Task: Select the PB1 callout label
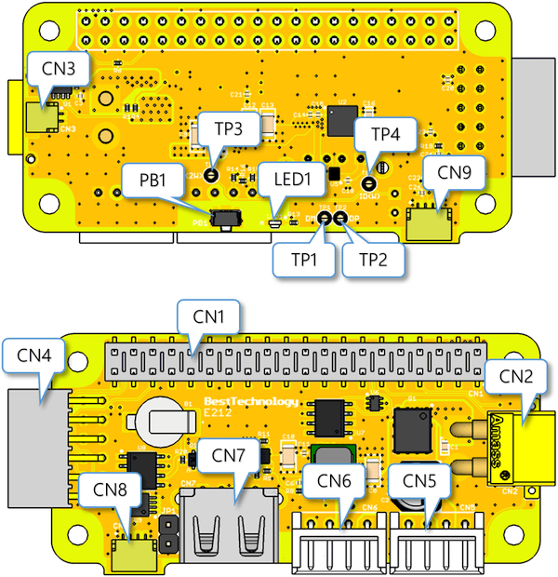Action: click(x=153, y=180)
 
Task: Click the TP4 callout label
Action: click(x=386, y=134)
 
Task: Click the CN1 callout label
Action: click(x=209, y=315)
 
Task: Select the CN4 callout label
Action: click(x=34, y=354)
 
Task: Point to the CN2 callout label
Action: click(x=516, y=375)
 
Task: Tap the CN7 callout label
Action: click(x=229, y=457)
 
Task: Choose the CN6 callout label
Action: click(x=335, y=481)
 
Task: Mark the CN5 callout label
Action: click(x=418, y=481)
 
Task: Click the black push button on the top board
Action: click(x=224, y=221)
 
